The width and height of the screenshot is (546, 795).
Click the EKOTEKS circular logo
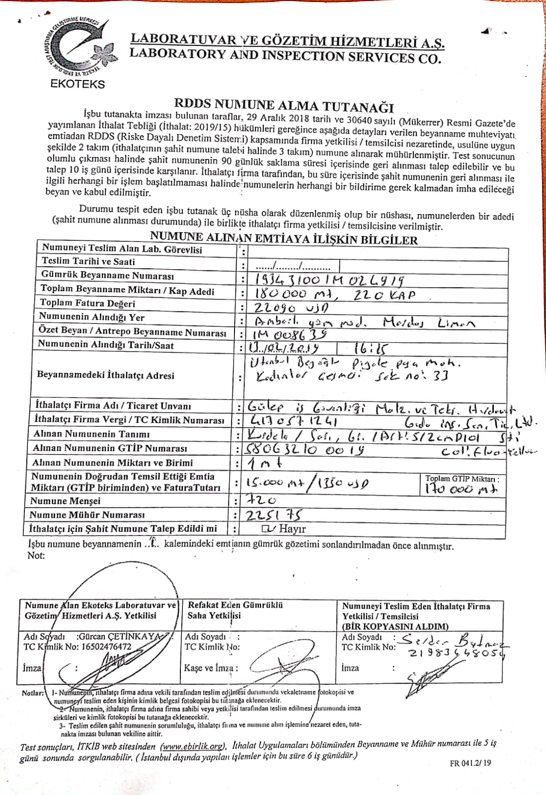pos(77,47)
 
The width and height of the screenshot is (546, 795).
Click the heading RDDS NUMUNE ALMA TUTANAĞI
pos(283,105)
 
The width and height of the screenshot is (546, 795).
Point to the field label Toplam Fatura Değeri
pos(87,303)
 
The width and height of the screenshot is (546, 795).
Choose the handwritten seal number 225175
pos(274,515)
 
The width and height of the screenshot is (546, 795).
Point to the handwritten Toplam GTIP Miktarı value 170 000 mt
pos(461,489)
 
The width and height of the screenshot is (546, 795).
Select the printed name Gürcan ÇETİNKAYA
pos(119,636)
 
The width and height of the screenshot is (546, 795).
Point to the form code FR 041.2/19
pos(470,763)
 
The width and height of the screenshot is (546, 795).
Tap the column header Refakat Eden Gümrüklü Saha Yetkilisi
pos(235,610)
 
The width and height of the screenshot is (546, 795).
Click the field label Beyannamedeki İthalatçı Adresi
pos(105,375)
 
